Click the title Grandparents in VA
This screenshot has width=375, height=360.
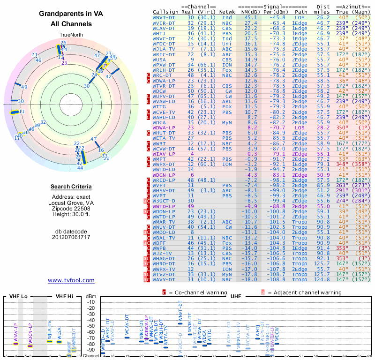(71, 15)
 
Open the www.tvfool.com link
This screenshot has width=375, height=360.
(71, 280)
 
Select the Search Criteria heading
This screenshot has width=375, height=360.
(71, 187)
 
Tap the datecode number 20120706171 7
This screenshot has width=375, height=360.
(71, 237)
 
